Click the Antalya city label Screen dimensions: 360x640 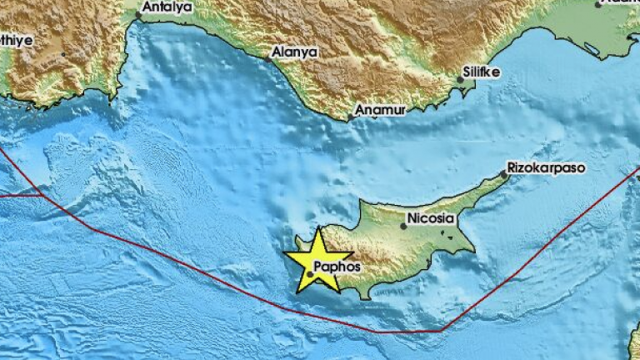coord(167,8)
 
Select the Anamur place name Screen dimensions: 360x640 coord(380,110)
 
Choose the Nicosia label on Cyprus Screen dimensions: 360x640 coord(432,219)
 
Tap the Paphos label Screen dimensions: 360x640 coord(337,267)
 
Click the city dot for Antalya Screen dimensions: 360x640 coord(139,15)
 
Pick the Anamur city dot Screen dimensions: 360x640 coord(351,117)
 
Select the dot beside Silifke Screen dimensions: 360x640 coord(460,80)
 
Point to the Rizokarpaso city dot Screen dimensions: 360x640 coord(505,174)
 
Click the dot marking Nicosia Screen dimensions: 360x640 coord(403,226)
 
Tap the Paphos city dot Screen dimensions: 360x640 coord(310,273)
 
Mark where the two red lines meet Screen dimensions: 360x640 coord(42,195)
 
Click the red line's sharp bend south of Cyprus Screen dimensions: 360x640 coord(439,331)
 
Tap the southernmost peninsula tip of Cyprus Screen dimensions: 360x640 coord(365,297)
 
